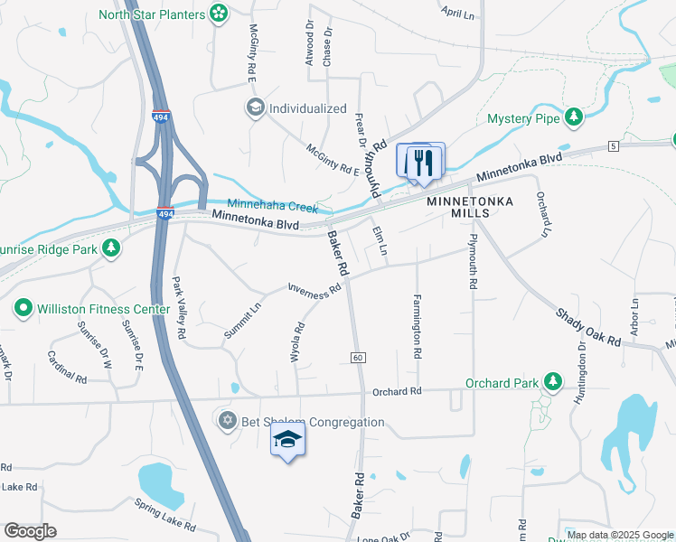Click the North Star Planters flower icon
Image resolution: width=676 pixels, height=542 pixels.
tap(219, 14)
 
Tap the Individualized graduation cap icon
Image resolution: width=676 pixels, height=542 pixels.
tap(255, 108)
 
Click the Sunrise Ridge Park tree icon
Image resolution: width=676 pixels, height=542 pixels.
tap(111, 248)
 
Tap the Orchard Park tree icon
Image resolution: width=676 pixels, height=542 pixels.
tap(553, 383)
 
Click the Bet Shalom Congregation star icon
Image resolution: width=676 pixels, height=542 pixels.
tap(227, 422)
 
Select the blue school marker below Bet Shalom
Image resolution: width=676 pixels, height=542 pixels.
tap(288, 440)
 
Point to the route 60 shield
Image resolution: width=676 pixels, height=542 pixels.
tap(358, 359)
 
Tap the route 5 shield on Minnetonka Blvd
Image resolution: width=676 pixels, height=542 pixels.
tap(613, 146)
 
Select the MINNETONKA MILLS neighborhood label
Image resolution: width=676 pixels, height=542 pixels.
tap(470, 207)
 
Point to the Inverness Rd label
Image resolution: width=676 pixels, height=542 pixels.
tap(315, 288)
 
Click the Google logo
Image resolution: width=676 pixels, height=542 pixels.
tap(30, 531)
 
